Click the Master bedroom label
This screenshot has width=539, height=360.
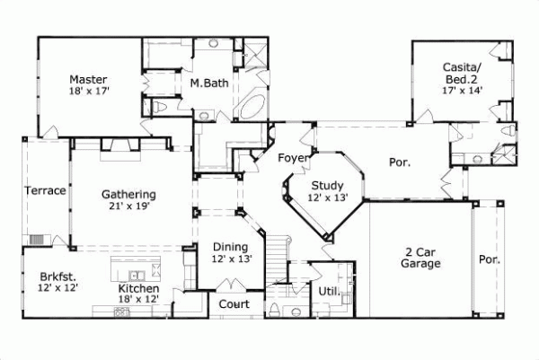click(x=87, y=78)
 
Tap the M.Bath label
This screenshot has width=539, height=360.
click(x=207, y=83)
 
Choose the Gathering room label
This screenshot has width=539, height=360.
click(x=128, y=194)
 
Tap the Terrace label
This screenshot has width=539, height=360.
click(x=45, y=190)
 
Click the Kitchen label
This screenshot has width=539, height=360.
click(x=138, y=288)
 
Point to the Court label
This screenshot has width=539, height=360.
click(x=234, y=304)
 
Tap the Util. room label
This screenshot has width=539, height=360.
click(x=328, y=291)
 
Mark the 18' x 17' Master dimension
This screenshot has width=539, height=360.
click(x=87, y=91)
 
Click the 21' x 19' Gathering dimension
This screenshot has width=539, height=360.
click(x=128, y=206)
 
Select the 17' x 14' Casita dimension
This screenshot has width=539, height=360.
click(x=463, y=91)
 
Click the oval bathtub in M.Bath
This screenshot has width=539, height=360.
click(x=250, y=106)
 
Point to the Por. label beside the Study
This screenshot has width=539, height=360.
click(x=399, y=162)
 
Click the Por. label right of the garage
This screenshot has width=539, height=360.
click(x=490, y=259)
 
